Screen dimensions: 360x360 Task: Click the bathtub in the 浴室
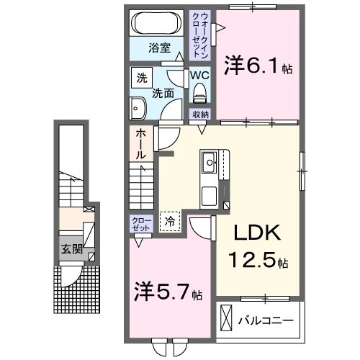coord(159,22)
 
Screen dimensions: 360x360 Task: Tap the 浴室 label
coord(159,48)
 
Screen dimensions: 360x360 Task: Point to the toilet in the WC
coord(201,92)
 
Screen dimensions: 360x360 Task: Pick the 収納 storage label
coord(201,114)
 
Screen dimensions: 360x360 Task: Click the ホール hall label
coord(140,143)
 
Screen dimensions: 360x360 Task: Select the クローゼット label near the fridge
coord(140,222)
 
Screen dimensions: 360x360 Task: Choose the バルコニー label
coord(269,318)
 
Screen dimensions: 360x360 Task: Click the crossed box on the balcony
coord(227,318)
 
